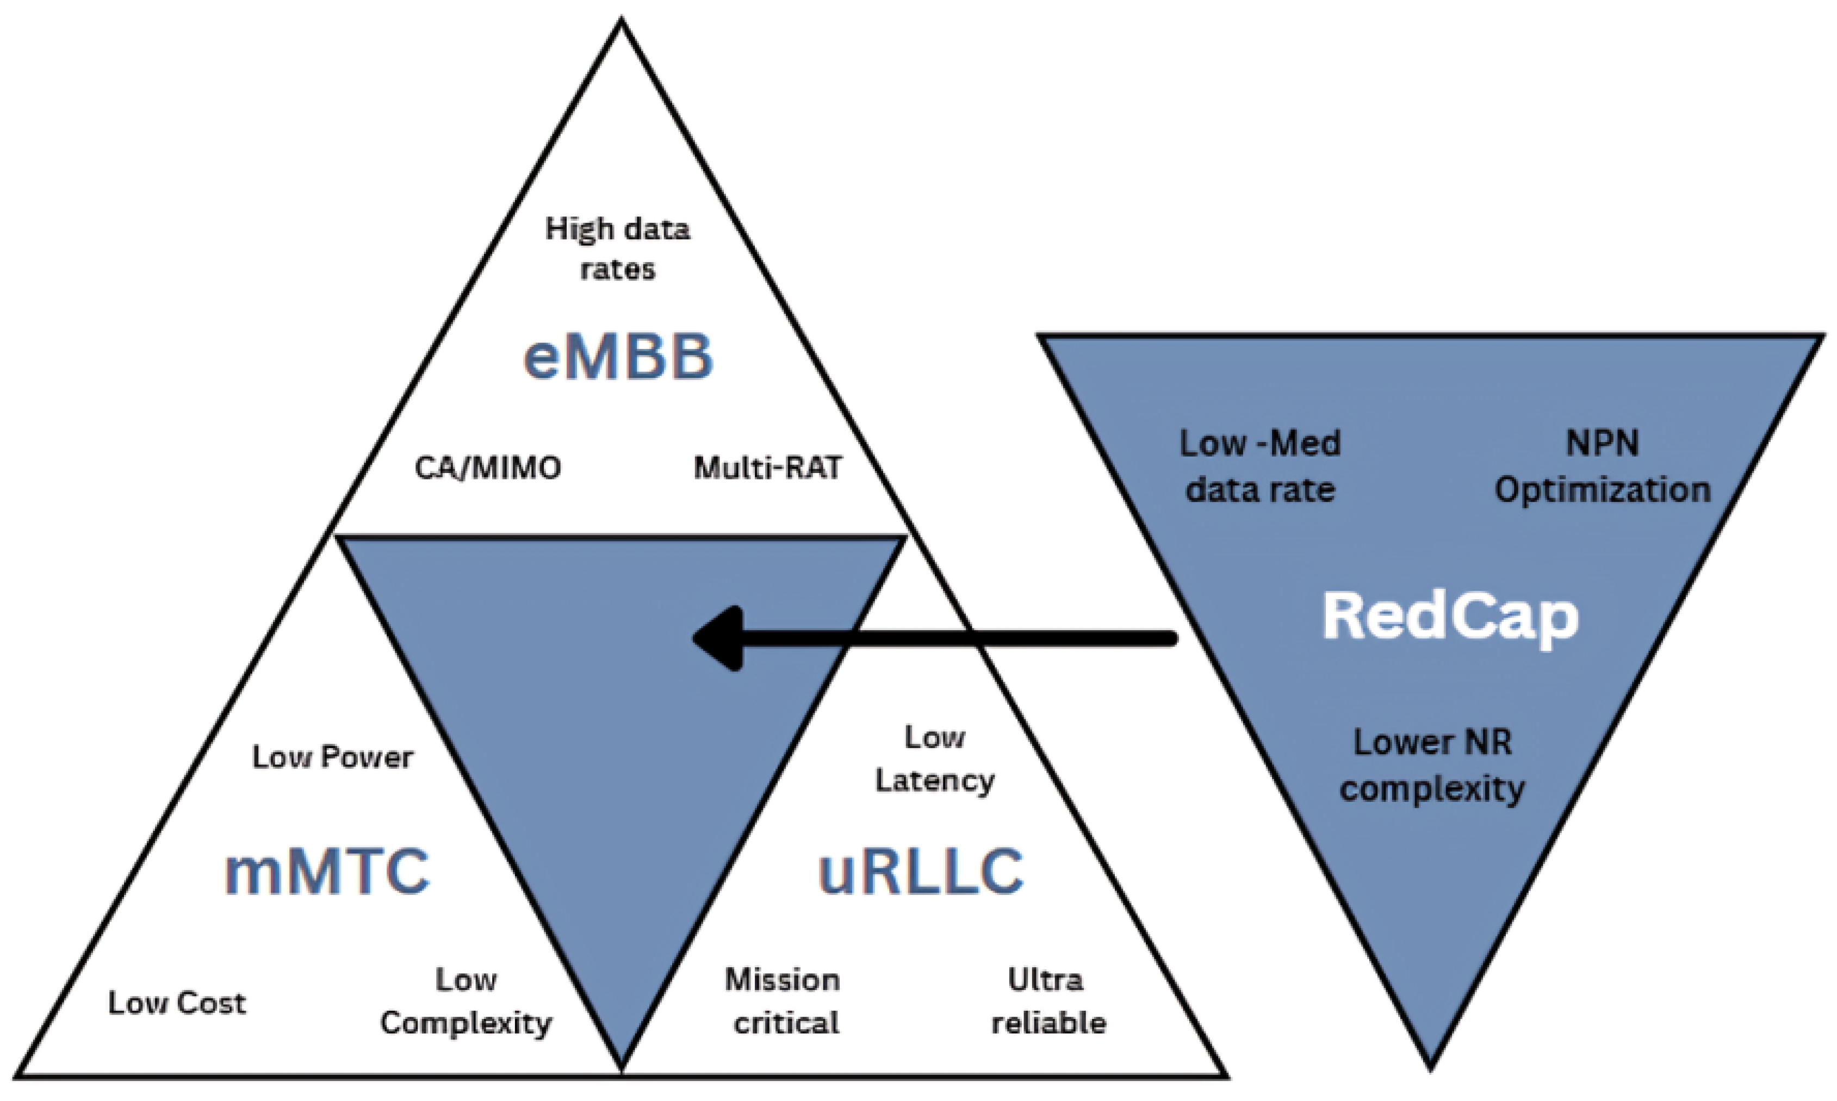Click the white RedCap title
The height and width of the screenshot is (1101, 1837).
tap(1450, 617)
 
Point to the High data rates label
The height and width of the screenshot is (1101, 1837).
tap(617, 248)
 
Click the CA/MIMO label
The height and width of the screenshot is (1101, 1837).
tap(487, 468)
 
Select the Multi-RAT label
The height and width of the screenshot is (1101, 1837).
tap(768, 468)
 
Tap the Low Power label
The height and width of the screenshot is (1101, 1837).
tap(332, 757)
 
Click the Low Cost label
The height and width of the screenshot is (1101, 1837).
tap(177, 1003)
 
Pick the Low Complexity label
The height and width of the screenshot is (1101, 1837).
tap(466, 1002)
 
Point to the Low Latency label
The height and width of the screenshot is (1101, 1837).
tap(935, 759)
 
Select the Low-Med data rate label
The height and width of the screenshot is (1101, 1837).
tap(1260, 466)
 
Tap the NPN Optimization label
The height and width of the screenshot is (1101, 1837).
tap(1603, 466)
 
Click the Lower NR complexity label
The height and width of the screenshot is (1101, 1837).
tap(1432, 765)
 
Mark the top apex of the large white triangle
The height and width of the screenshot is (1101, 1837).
tap(622, 21)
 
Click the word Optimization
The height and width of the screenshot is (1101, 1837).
tap(1603, 490)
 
